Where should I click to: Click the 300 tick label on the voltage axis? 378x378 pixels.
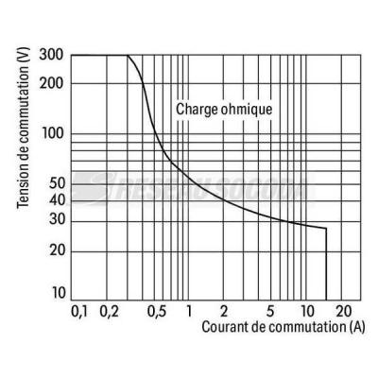[51, 56]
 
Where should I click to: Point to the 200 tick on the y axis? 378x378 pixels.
[51, 84]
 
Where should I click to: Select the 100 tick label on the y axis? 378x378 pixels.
[53, 134]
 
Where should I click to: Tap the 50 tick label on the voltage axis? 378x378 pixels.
[57, 183]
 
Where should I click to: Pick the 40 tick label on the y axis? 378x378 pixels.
[57, 200]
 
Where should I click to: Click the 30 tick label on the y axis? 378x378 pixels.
[57, 219]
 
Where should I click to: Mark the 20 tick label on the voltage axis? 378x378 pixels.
[57, 251]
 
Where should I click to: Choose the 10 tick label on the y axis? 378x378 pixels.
[58, 293]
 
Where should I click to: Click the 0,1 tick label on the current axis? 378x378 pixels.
[78, 312]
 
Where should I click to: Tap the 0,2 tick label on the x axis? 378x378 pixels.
[109, 312]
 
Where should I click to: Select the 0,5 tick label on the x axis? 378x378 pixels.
[157, 312]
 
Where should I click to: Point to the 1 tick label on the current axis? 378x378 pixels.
[189, 311]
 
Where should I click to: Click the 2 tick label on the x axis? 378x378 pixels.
[223, 311]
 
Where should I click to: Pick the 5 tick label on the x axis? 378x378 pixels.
[270, 311]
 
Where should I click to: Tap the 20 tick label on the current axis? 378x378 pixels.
[343, 311]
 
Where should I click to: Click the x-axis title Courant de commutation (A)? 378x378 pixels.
[283, 327]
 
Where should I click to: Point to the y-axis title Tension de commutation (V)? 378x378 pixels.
[23, 128]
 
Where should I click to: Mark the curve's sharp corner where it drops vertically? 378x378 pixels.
[326, 228]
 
